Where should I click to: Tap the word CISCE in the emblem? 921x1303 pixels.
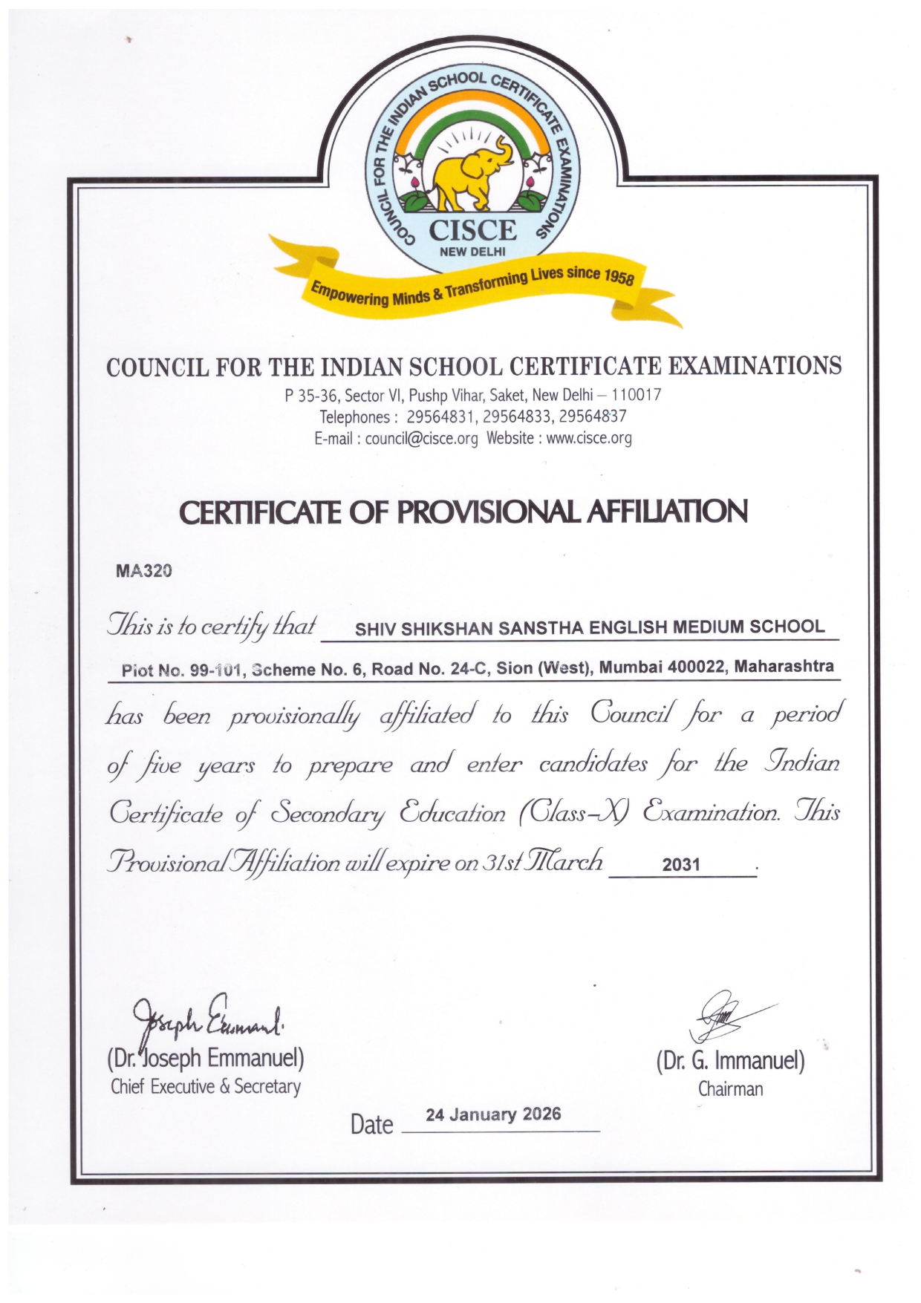[472, 231]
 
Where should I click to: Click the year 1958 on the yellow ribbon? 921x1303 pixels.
[619, 277]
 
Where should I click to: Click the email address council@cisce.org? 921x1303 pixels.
[421, 439]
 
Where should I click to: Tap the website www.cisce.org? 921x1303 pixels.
[589, 438]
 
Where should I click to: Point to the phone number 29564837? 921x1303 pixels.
[593, 417]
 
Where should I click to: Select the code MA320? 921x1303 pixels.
[144, 571]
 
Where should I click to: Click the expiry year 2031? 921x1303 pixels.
[681, 864]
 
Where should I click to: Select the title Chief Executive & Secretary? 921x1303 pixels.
[206, 1087]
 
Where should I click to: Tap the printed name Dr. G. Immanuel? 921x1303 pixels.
[730, 1061]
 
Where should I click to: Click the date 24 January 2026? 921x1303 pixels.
[493, 1114]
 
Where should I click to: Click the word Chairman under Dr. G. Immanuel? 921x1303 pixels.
[730, 1089]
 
